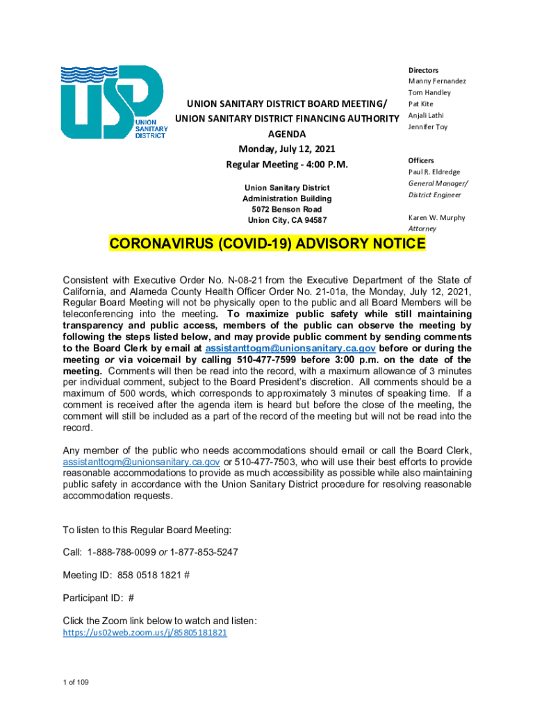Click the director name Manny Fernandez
437,81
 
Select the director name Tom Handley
429,92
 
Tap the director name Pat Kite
420,104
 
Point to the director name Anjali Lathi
426,115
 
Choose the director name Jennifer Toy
428,127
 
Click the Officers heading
422,160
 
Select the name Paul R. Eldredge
434,172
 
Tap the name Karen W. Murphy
436,217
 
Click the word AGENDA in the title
287,133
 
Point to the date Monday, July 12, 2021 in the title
287,149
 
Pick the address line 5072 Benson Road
286,210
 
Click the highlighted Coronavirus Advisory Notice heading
267,244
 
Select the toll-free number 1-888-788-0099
122,552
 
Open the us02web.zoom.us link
145,633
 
